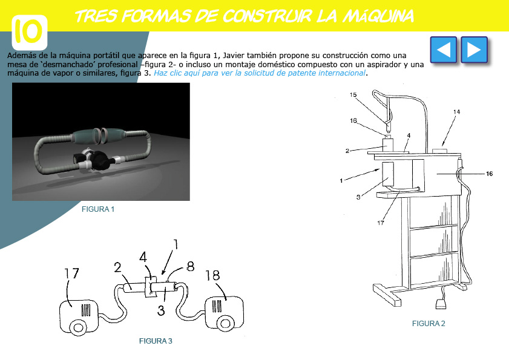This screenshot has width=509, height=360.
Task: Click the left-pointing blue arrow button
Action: [x=444, y=50]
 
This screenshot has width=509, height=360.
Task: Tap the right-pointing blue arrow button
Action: [x=475, y=50]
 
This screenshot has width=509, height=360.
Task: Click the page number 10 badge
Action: [x=30, y=32]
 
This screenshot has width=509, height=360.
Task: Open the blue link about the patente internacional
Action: [x=260, y=73]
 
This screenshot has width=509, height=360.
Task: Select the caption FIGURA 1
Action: [x=98, y=209]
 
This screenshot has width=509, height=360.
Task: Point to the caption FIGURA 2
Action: [x=429, y=324]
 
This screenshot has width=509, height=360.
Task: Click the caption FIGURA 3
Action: [x=156, y=341]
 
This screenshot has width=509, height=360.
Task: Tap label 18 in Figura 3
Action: [x=212, y=276]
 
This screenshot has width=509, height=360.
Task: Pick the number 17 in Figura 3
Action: [x=71, y=273]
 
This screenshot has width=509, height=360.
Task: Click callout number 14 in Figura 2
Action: [x=456, y=112]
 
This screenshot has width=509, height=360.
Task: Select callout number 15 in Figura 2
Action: [x=353, y=95]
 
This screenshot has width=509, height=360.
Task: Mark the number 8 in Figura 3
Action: [x=191, y=266]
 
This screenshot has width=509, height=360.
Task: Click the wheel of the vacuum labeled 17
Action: [x=78, y=327]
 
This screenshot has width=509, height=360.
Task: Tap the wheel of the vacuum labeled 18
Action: [x=225, y=323]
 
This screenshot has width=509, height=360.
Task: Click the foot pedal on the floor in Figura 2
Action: [x=441, y=304]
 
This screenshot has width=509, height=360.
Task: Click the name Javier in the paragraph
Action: [x=234, y=56]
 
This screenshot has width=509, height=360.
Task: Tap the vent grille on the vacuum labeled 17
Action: [x=86, y=310]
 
